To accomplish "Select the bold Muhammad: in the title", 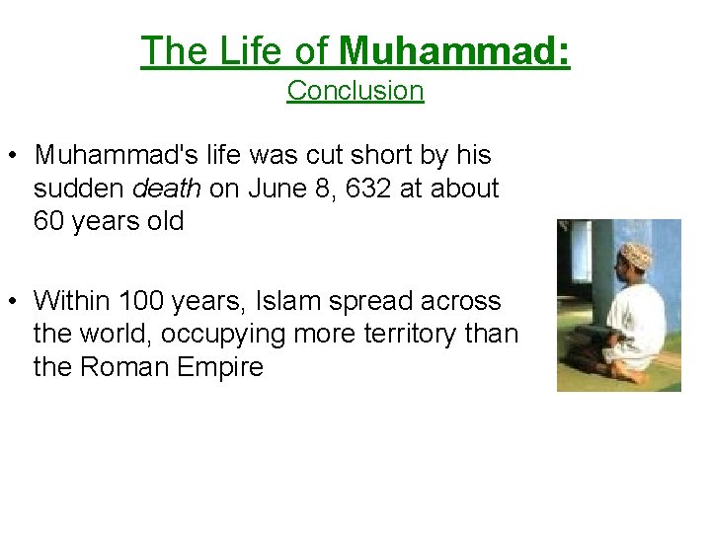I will [453, 50].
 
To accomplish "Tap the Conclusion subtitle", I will [355, 91].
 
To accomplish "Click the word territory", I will [396, 334].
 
